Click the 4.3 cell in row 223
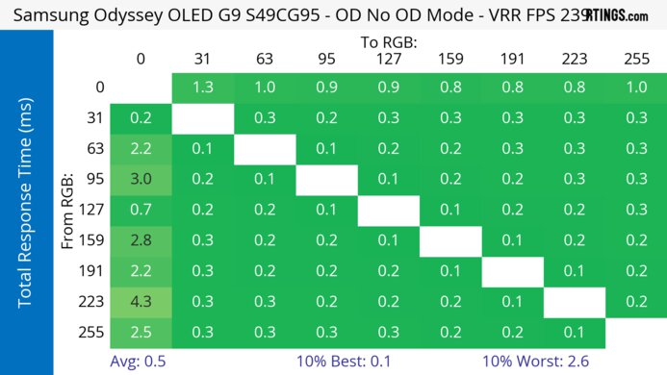click(x=141, y=301)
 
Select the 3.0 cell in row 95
click(x=141, y=178)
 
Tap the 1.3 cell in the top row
click(x=202, y=87)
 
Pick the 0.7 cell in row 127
click(x=141, y=209)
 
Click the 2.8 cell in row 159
click(x=141, y=239)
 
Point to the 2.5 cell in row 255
click(x=141, y=332)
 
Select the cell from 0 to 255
click(x=635, y=87)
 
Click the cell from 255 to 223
click(x=574, y=332)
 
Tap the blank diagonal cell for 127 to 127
click(x=388, y=209)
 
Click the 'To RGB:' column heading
click(x=388, y=42)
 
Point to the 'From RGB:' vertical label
click(x=68, y=209)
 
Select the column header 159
click(x=449, y=59)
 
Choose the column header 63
click(x=264, y=59)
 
